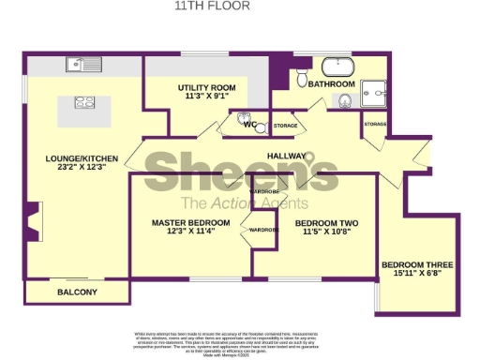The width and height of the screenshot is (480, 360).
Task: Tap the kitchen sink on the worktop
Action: [x=76, y=65]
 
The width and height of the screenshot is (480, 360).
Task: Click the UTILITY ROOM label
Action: [x=207, y=87]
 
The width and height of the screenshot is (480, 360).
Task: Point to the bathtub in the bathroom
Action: [x=336, y=67]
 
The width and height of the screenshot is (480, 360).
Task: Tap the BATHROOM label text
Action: [x=331, y=83]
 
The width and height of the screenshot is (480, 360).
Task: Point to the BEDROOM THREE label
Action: [x=413, y=265]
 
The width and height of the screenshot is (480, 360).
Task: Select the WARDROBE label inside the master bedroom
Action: [x=264, y=230]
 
